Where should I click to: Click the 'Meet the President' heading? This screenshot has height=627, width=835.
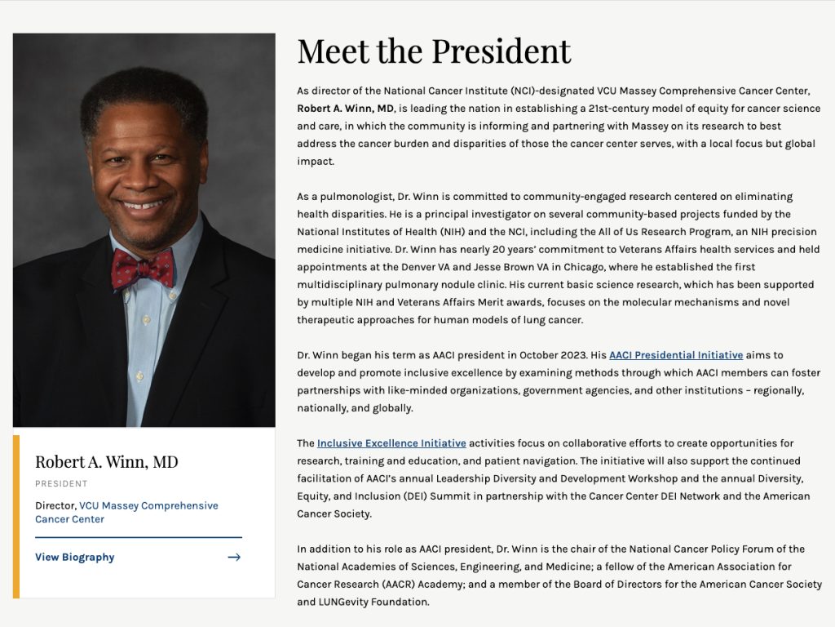[434, 51]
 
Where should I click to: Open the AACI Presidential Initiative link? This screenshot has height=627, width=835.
[676, 355]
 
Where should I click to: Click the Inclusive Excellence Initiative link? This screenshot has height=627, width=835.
[391, 443]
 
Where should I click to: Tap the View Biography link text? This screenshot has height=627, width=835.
[75, 558]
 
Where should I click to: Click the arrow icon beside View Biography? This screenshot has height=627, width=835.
[234, 558]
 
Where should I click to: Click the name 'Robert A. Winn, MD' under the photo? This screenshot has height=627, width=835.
[106, 462]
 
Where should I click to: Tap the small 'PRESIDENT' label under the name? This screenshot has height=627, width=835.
[61, 484]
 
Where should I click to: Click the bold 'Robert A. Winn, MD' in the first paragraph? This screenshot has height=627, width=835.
[346, 109]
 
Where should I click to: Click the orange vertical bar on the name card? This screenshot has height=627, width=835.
[16, 516]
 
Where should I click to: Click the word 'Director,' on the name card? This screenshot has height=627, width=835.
[55, 505]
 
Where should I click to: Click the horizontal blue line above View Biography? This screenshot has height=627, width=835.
[139, 537]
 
